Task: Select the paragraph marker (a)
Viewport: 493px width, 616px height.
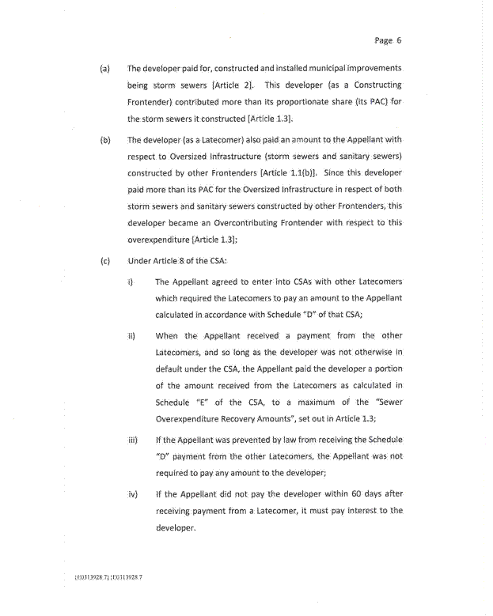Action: pos(104,69)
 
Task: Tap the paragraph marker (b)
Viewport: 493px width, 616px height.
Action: pos(104,140)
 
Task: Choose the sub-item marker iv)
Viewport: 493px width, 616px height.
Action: pos(133,494)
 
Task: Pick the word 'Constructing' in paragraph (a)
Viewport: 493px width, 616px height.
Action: pos(374,85)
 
